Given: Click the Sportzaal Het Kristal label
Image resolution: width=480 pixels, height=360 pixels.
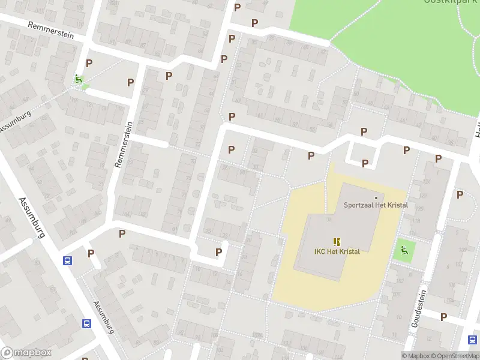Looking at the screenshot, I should click(x=376, y=205).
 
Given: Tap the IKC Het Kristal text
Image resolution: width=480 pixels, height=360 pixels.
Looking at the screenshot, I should click(x=337, y=251).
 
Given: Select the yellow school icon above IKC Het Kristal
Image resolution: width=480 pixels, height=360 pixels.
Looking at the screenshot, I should click(x=337, y=241).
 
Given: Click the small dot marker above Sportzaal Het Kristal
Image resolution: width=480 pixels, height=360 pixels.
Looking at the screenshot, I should click(x=376, y=197).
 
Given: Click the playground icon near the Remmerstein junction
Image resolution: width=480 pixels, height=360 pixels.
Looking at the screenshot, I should click(x=78, y=79).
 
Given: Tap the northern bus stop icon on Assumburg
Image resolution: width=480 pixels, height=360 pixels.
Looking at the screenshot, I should click(x=68, y=260).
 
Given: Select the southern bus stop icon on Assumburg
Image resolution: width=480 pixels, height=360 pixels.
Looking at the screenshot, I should click(x=87, y=323).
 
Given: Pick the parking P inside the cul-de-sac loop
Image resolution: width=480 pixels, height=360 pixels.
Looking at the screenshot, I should click(x=219, y=253).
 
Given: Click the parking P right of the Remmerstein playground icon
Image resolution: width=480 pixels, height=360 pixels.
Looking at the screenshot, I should click(x=89, y=63).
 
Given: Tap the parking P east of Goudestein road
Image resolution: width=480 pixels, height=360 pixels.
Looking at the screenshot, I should click(x=460, y=194).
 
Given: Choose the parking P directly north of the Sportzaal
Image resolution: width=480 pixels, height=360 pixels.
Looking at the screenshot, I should click(x=365, y=163).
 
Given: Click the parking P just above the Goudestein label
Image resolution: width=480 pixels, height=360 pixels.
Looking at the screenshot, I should click(x=444, y=317).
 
